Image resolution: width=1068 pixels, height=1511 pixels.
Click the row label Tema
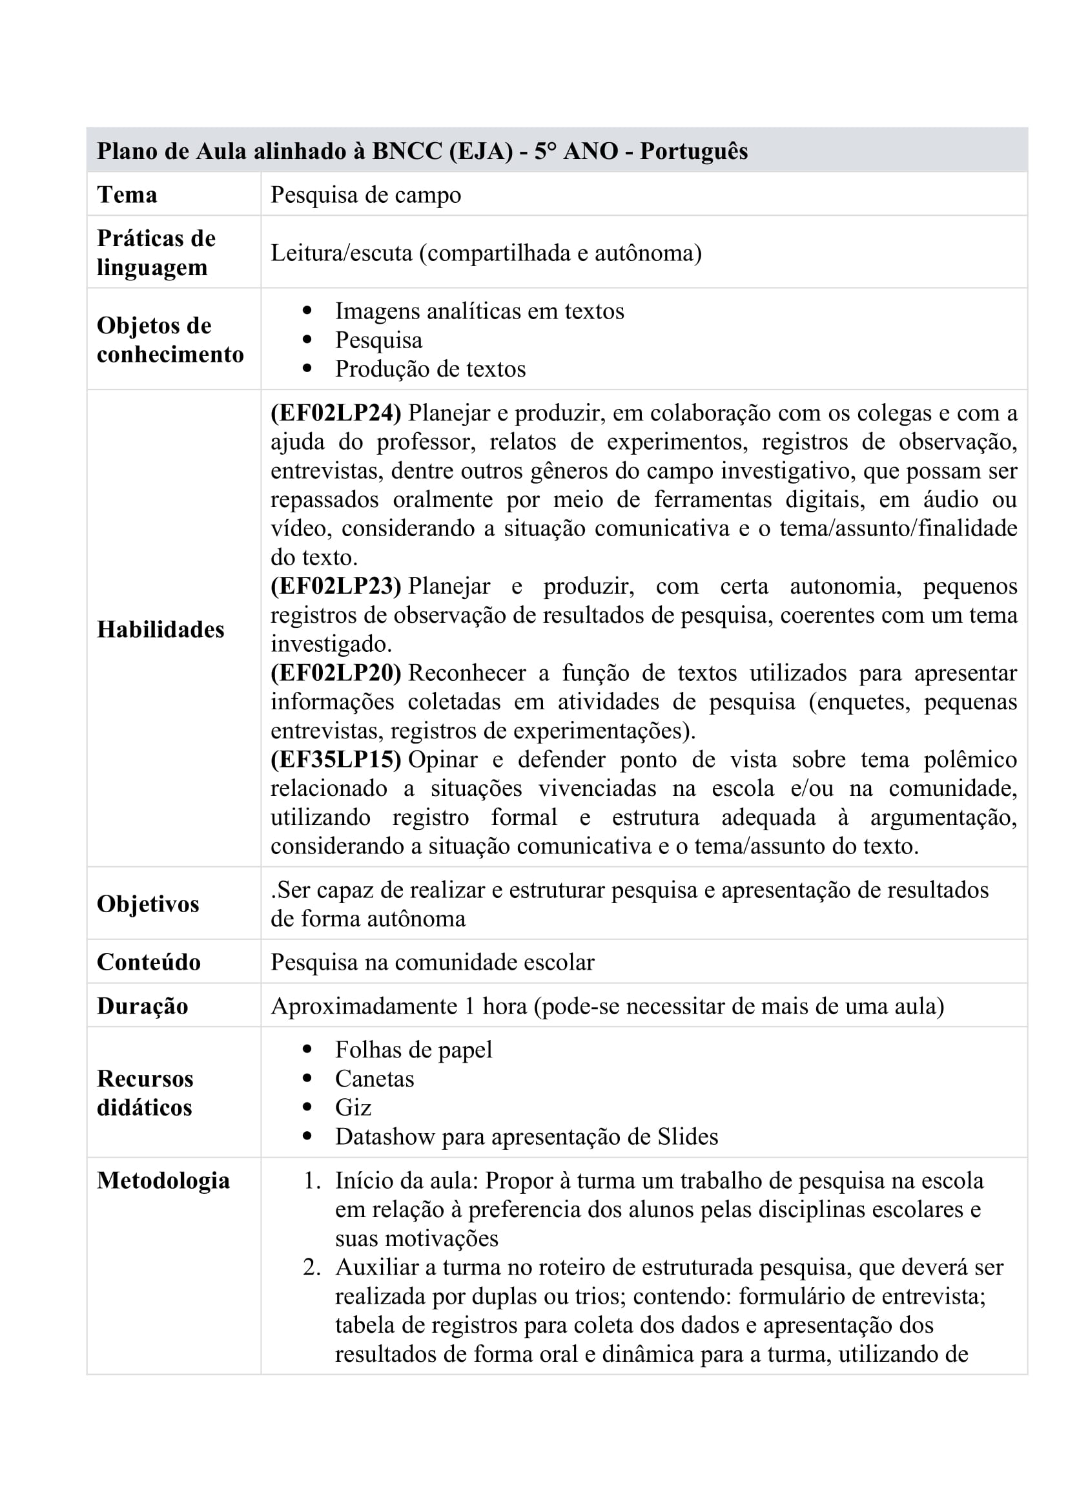point(127,195)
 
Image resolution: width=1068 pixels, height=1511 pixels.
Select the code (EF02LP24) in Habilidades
point(335,413)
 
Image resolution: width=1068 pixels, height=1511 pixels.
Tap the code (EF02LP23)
point(335,586)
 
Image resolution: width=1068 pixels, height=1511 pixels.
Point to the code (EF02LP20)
point(335,672)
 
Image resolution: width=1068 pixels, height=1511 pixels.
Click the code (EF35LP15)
point(335,760)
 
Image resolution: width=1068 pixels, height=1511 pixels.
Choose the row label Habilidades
point(161,629)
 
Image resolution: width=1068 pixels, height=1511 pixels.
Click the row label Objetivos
point(148,904)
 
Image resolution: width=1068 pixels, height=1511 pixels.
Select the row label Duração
point(143,1006)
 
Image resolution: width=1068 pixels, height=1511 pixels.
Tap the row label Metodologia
point(163,1180)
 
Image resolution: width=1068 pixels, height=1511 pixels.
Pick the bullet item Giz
point(353,1107)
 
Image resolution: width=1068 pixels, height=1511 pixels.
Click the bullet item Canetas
point(375,1078)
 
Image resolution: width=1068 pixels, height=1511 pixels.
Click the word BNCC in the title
point(407,151)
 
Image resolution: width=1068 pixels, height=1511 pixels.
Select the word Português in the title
point(693,151)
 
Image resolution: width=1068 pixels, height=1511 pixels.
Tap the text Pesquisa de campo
point(365,195)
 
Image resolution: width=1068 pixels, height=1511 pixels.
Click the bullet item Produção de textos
point(430,368)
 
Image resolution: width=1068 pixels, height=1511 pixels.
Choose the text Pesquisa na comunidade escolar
point(432,962)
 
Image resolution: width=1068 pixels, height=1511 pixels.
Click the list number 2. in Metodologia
point(312,1267)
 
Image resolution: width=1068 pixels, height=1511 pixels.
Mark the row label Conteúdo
point(149,962)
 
